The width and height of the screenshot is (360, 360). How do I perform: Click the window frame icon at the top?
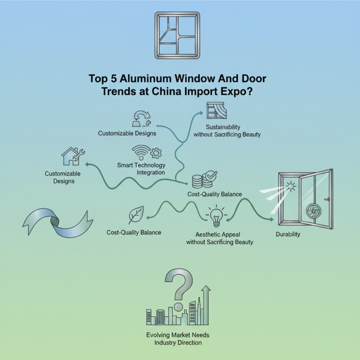click(180, 36)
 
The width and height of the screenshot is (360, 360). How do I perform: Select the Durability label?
click(288, 234)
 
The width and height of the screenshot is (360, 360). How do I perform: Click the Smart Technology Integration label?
click(141, 169)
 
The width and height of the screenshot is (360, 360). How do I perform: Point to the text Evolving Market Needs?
click(178, 335)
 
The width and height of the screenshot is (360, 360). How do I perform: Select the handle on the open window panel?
click(328, 198)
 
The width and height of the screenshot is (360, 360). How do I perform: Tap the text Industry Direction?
click(178, 343)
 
